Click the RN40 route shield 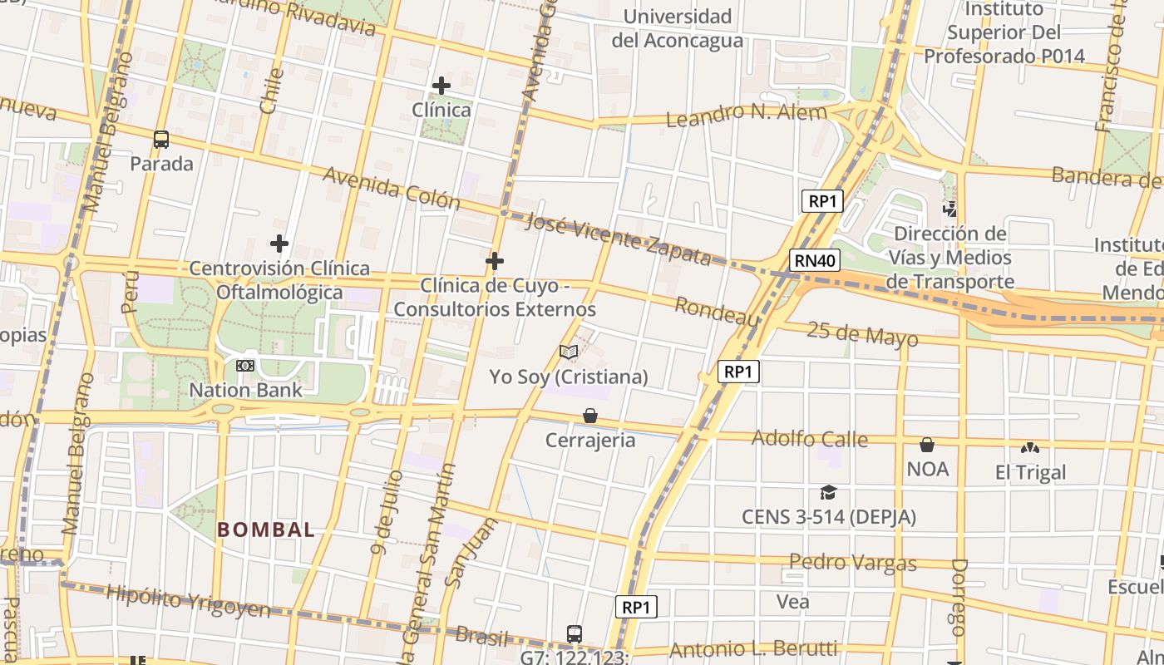[x=815, y=261]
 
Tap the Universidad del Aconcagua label [x=678, y=28]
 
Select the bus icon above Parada [x=161, y=140]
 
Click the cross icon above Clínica [x=441, y=86]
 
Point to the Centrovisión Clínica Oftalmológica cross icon [x=279, y=244]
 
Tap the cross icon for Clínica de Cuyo [x=495, y=262]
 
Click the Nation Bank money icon [x=245, y=366]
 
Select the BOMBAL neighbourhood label [x=266, y=530]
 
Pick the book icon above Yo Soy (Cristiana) [x=569, y=352]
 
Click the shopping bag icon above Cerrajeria [x=590, y=416]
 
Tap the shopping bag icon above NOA [x=927, y=445]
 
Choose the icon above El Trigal [x=1030, y=448]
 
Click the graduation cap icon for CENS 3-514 [x=828, y=493]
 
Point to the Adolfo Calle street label [x=810, y=438]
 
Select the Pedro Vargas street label [x=852, y=563]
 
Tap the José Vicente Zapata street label [x=619, y=239]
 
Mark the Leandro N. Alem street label [x=747, y=114]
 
